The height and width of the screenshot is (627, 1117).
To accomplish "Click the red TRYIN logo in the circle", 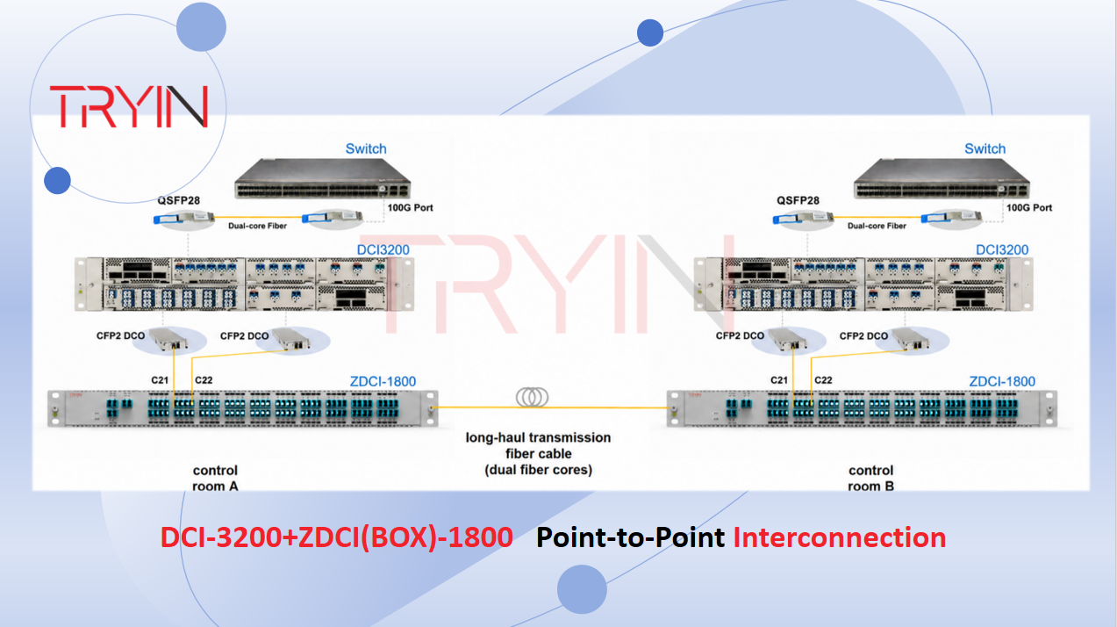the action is (129, 106).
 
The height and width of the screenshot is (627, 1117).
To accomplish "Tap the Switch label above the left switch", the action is (366, 148).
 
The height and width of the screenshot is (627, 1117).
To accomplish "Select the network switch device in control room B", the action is (942, 178).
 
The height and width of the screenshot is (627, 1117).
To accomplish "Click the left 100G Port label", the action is (410, 207).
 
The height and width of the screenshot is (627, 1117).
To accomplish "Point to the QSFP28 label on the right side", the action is (798, 201).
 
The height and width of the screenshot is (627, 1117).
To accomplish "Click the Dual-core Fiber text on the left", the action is (257, 226).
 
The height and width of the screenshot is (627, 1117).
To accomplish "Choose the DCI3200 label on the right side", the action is (1002, 249).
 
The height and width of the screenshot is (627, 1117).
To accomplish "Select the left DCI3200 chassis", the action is (244, 284).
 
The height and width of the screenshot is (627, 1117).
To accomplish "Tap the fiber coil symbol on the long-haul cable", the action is (532, 398).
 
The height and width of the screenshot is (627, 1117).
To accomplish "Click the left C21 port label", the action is (160, 380).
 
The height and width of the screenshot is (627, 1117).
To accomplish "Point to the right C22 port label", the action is (823, 380).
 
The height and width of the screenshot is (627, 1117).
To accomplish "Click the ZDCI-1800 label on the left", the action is (383, 381).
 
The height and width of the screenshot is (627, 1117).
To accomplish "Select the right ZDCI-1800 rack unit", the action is (862, 409).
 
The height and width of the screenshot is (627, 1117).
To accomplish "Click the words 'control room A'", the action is (216, 479).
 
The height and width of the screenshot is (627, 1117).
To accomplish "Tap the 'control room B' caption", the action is (870, 479).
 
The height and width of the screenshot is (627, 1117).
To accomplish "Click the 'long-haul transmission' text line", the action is (538, 438).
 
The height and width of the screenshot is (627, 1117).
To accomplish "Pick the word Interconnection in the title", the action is (839, 537).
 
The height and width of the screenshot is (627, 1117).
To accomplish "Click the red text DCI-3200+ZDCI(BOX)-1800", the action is (337, 537).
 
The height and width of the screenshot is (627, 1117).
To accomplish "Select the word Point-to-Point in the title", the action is (630, 537).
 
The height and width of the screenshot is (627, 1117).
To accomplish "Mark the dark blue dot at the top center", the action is (649, 33).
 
